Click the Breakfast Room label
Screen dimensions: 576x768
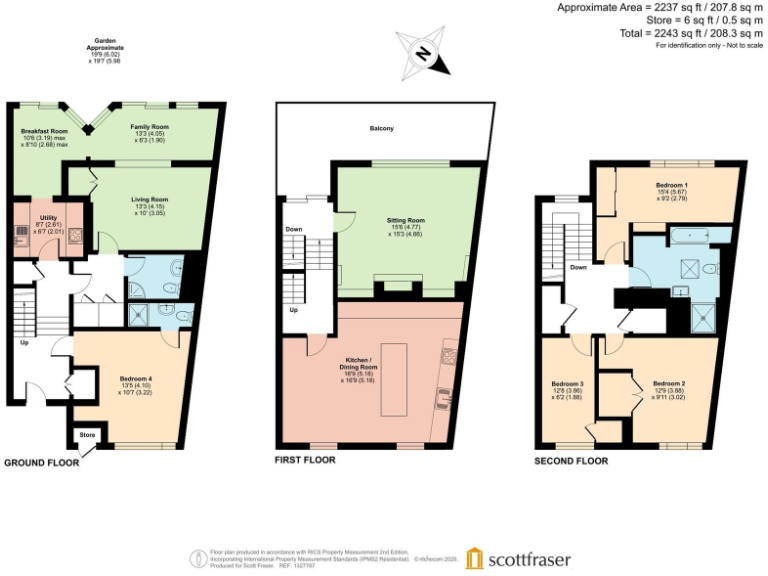pyautogui.click(x=44, y=131)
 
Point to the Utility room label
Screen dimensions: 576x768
pyautogui.click(x=48, y=217)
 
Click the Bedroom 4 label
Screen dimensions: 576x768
pyautogui.click(x=137, y=378)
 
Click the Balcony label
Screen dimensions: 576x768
pyautogui.click(x=381, y=129)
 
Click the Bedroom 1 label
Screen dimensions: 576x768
pyautogui.click(x=671, y=186)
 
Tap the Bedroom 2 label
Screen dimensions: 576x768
pyautogui.click(x=669, y=384)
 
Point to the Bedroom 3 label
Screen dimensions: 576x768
pyautogui.click(x=567, y=384)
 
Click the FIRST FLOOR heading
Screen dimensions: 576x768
pyautogui.click(x=305, y=460)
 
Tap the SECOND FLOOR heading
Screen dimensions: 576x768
pyautogui.click(x=571, y=462)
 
